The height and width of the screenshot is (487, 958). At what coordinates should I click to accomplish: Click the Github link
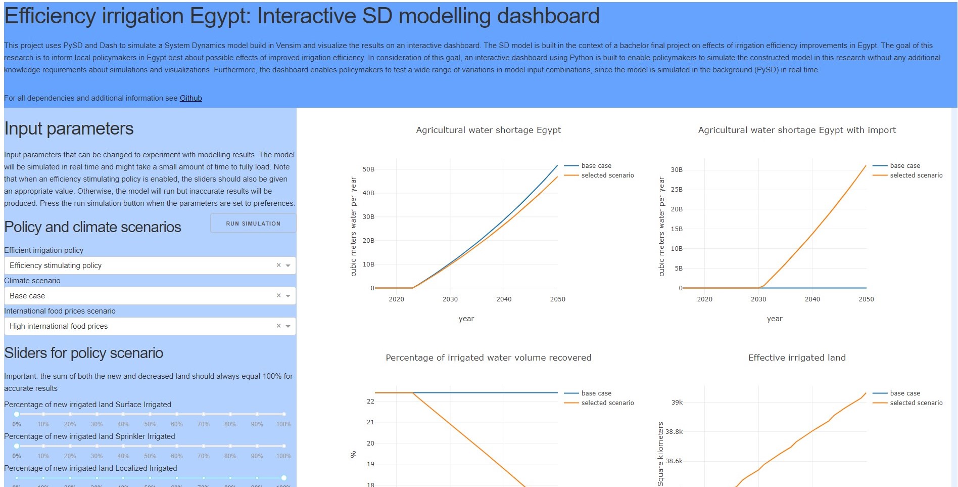(190, 98)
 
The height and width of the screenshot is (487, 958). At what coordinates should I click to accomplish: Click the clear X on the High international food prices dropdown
(278, 326)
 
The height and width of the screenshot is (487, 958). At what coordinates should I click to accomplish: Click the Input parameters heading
(69, 129)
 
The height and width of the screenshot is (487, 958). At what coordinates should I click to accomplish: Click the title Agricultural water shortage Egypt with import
(797, 130)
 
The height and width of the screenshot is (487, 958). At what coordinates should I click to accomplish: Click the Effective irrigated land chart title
(797, 358)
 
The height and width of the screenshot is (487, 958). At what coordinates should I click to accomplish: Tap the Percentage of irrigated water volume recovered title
(488, 358)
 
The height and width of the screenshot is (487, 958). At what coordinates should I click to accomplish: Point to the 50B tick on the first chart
(368, 169)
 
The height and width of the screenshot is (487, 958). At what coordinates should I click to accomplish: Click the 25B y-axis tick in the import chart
(677, 190)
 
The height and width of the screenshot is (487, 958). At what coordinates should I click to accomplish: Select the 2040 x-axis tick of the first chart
(504, 299)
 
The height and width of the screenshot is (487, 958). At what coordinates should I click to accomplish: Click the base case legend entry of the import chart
(904, 166)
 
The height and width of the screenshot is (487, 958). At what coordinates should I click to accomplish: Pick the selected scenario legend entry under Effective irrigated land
(916, 403)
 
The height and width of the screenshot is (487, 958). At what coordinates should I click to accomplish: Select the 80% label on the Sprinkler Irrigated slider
(230, 456)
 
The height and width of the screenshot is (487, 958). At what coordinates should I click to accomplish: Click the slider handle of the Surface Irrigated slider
(17, 414)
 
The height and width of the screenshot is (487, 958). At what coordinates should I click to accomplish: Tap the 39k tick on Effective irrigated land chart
(677, 403)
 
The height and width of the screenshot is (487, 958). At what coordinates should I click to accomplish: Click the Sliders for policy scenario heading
(83, 353)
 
